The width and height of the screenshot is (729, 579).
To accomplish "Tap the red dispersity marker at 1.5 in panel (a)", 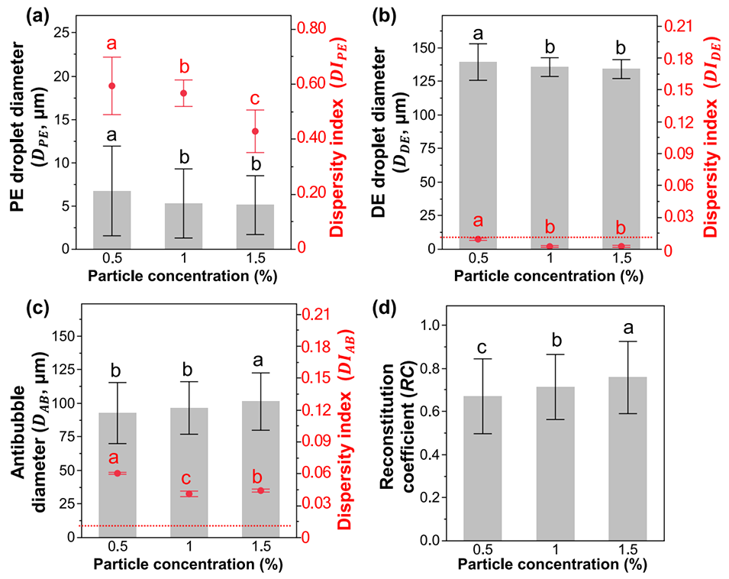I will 256,131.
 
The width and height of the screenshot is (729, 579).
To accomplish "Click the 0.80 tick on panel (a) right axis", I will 308,27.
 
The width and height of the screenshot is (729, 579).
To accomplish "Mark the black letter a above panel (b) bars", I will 479,34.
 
